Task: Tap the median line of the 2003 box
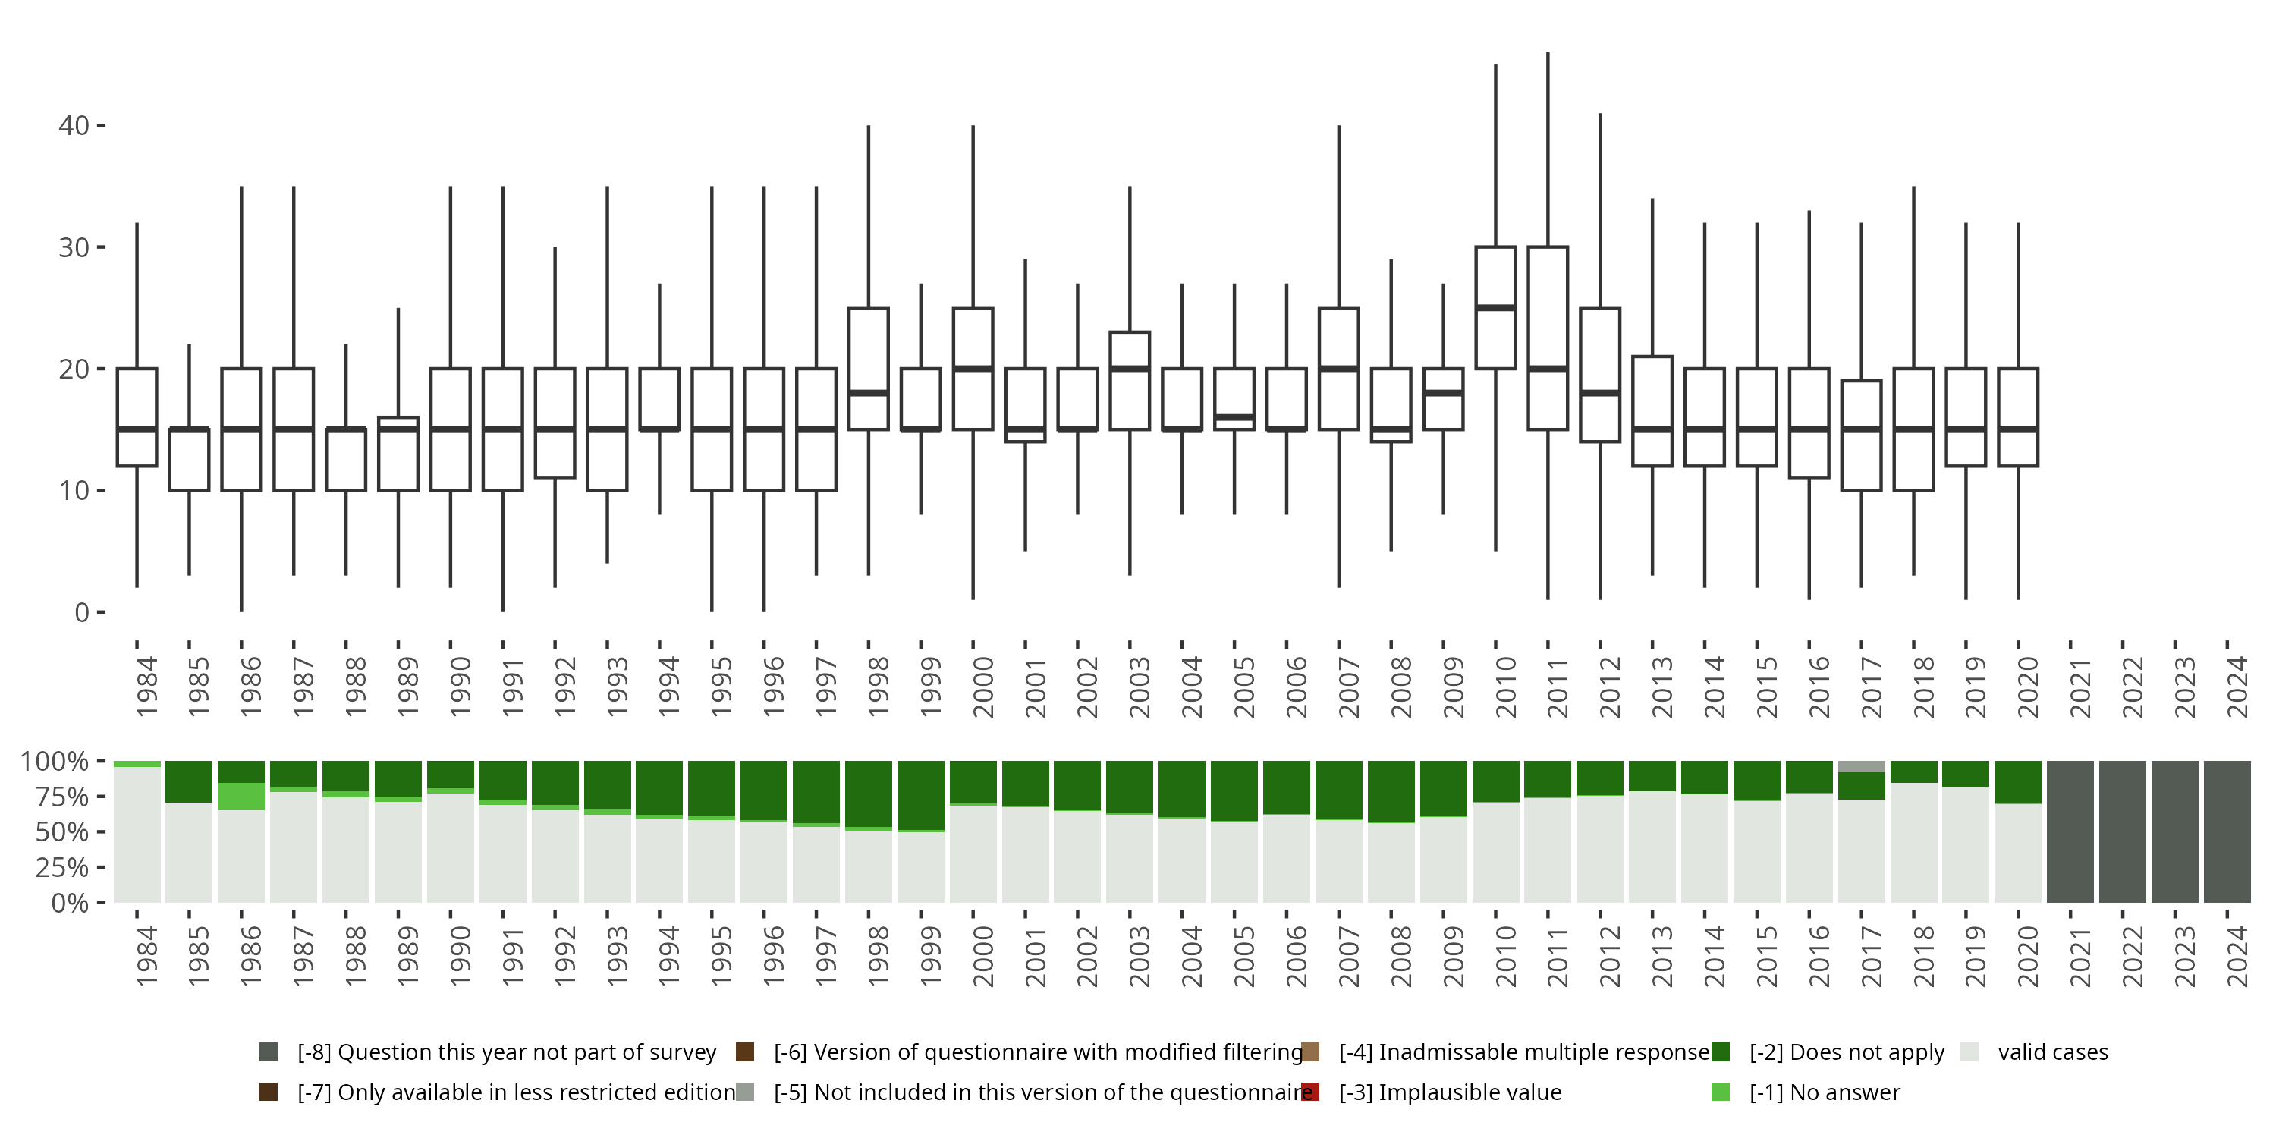(1129, 369)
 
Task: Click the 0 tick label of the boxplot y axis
(81, 612)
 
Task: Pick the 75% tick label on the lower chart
(54, 797)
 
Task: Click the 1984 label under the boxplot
(146, 687)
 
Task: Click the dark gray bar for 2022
(2122, 831)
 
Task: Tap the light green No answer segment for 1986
(241, 796)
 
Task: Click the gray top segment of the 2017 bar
(1862, 766)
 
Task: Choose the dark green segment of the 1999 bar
(921, 795)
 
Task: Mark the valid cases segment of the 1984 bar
(137, 835)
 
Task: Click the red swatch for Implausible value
(1310, 1092)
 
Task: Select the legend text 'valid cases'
(2052, 1052)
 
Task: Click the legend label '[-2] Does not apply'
(1847, 1052)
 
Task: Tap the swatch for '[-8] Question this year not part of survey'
(269, 1052)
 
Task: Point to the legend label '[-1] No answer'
(1825, 1092)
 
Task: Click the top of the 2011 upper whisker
(1548, 54)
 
